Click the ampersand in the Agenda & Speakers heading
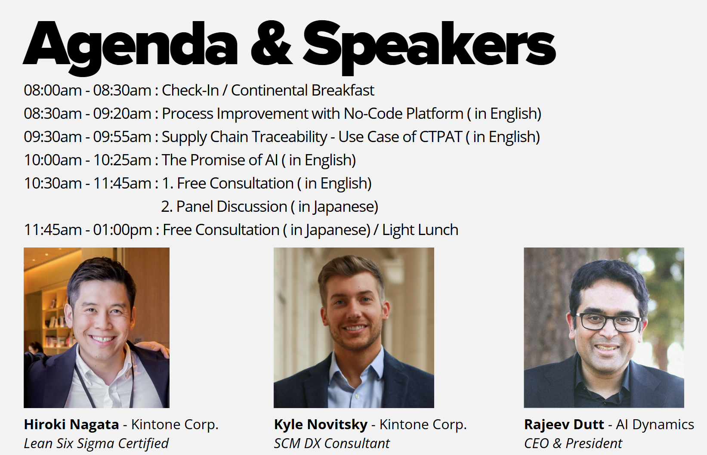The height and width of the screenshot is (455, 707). [271, 43]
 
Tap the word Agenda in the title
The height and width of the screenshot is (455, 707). [130, 48]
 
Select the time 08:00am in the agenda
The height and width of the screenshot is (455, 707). [52, 90]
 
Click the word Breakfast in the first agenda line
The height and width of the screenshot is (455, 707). [343, 90]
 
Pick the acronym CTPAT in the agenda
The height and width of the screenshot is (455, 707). [441, 137]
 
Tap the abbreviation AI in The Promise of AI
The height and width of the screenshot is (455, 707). [271, 160]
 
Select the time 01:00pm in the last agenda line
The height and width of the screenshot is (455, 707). [123, 230]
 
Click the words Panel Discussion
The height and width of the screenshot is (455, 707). [232, 207]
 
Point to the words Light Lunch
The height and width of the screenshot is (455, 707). [420, 230]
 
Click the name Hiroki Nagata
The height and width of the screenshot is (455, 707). [71, 425]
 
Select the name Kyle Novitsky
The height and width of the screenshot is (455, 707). [321, 425]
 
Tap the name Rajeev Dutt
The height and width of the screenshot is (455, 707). [564, 425]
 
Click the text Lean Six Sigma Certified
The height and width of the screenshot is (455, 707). [96, 444]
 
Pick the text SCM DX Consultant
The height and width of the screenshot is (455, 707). [332, 443]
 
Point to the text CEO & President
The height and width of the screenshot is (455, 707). [573, 443]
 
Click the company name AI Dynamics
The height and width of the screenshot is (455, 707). [655, 425]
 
